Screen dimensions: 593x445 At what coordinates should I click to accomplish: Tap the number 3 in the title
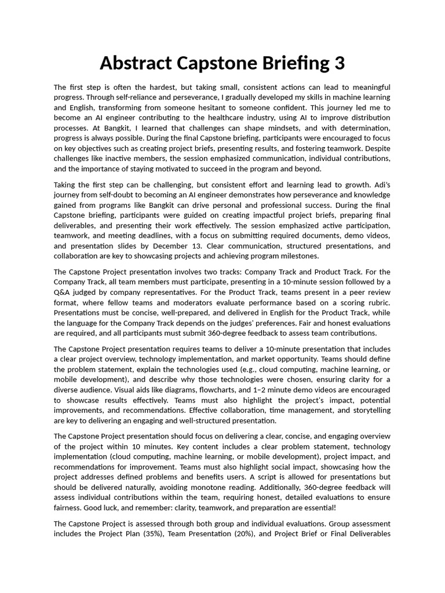338,63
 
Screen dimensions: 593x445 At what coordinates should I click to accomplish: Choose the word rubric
377,302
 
